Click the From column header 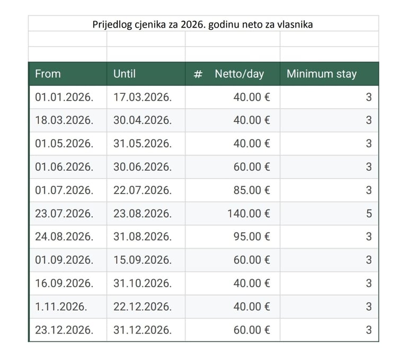(x=48, y=74)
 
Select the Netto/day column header (x=239, y=74)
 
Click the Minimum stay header (x=321, y=74)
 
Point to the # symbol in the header (x=198, y=74)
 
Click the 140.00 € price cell (x=249, y=214)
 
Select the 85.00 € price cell (x=252, y=190)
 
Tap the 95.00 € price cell (x=252, y=237)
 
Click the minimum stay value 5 (x=369, y=214)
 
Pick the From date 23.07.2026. (x=64, y=214)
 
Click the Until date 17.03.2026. (x=142, y=97)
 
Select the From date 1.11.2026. (x=61, y=307)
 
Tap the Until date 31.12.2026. (x=142, y=330)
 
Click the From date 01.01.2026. (x=64, y=97)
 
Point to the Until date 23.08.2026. (x=142, y=214)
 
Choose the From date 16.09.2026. (x=64, y=284)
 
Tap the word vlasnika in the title (x=295, y=24)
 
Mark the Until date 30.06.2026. (x=142, y=167)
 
